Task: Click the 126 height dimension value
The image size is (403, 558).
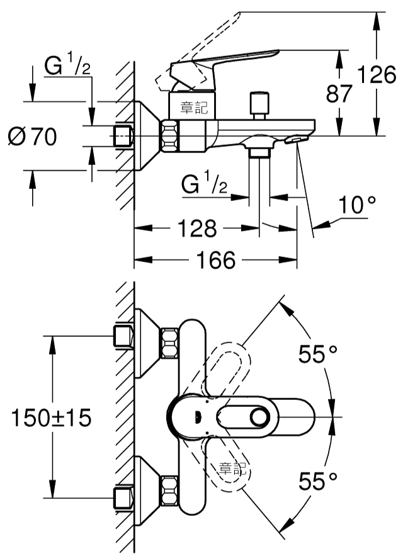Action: [x=377, y=75]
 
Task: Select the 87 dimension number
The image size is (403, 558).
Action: [x=339, y=94]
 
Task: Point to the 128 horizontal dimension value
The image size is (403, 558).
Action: [x=197, y=228]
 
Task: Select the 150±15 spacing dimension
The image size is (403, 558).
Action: [x=51, y=418]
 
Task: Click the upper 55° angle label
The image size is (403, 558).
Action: [x=317, y=354]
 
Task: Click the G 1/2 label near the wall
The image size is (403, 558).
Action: [x=67, y=66]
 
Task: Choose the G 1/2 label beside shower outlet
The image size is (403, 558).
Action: [x=204, y=184]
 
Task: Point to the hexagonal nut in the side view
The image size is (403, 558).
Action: [x=170, y=136]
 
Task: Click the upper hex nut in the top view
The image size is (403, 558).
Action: [x=170, y=343]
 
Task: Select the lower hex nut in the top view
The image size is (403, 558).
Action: [x=170, y=490]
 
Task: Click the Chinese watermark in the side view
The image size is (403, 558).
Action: [x=194, y=108]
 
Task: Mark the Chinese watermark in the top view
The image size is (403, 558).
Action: [x=232, y=469]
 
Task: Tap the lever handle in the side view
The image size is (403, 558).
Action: [x=224, y=67]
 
